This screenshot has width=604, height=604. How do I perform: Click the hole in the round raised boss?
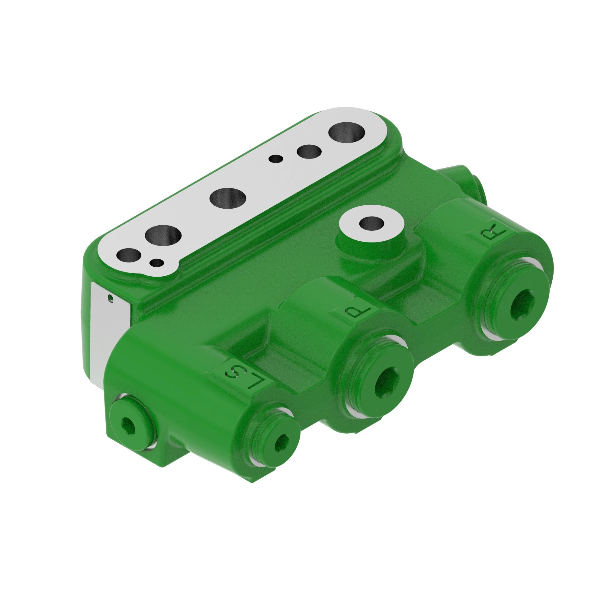coord(371,223)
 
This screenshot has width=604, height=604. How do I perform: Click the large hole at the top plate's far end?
coord(346,133)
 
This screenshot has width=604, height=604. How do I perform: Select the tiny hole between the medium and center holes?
coord(275,159)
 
